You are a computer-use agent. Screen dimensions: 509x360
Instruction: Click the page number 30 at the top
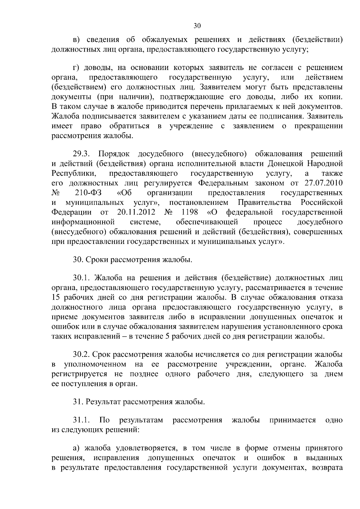(197, 26)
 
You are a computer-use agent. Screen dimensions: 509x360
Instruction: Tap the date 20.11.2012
(136, 212)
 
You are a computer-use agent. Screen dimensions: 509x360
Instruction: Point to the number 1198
(190, 212)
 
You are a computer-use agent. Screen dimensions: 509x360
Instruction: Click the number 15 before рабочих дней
(56, 298)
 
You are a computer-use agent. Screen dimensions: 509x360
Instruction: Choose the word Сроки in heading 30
(97, 259)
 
